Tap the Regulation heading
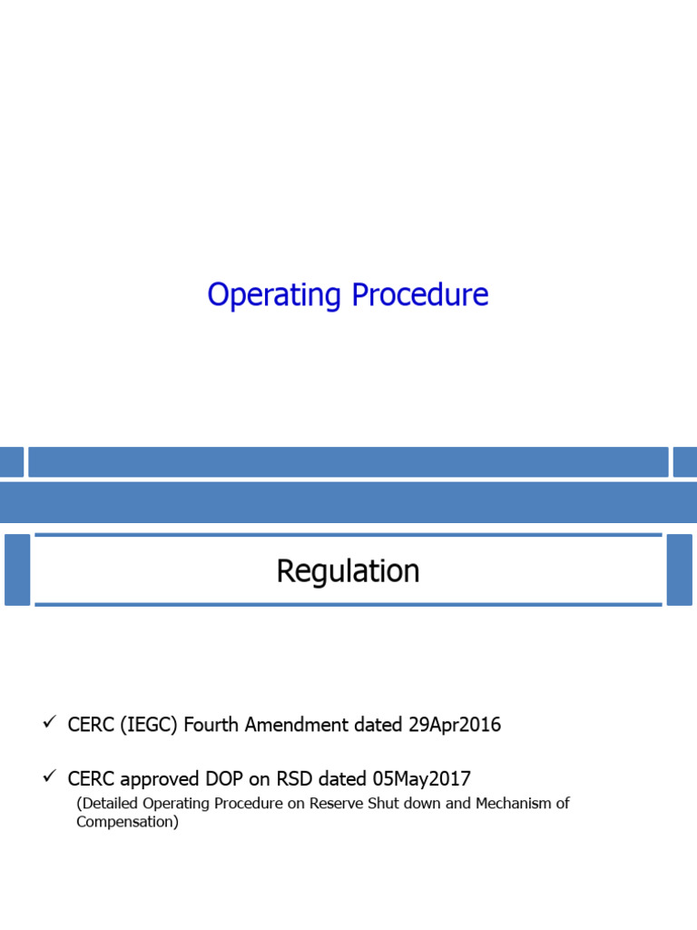pyautogui.click(x=348, y=571)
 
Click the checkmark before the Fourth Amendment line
pyautogui.click(x=49, y=723)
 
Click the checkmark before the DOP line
pyautogui.click(x=49, y=777)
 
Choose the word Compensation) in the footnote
pyautogui.click(x=128, y=822)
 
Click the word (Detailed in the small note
pyautogui.click(x=109, y=804)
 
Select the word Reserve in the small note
pyautogui.click(x=339, y=804)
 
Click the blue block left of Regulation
pyautogui.click(x=17, y=569)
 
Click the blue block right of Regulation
pyautogui.click(x=679, y=569)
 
